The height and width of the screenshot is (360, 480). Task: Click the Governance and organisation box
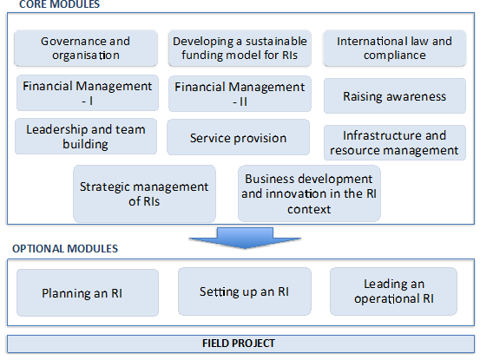click(x=86, y=48)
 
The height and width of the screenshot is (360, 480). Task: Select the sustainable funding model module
click(x=240, y=48)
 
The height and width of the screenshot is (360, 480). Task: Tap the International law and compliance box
click(x=395, y=48)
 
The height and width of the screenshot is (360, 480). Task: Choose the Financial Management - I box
click(x=88, y=93)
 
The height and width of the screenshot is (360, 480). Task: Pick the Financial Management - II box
click(x=240, y=94)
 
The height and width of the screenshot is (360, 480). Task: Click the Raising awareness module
click(x=395, y=95)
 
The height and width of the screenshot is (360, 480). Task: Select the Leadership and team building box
click(x=86, y=136)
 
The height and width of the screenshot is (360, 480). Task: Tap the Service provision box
click(x=238, y=137)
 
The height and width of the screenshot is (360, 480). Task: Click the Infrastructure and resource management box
click(x=395, y=142)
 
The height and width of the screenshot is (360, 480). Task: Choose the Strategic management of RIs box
click(x=144, y=194)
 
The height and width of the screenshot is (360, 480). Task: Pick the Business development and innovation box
click(x=309, y=193)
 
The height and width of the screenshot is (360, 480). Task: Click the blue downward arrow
click(x=245, y=238)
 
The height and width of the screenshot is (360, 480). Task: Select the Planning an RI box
click(x=88, y=292)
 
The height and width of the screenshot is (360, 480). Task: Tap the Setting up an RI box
click(x=245, y=291)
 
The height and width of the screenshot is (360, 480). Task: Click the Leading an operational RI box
click(x=393, y=291)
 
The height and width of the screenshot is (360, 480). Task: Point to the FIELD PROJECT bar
click(x=241, y=344)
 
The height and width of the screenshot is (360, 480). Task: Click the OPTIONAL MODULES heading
click(x=65, y=249)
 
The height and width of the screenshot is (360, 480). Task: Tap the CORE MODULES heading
click(x=59, y=4)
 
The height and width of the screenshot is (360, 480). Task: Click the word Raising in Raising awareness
click(x=362, y=96)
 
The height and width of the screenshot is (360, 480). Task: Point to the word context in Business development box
click(x=309, y=210)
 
